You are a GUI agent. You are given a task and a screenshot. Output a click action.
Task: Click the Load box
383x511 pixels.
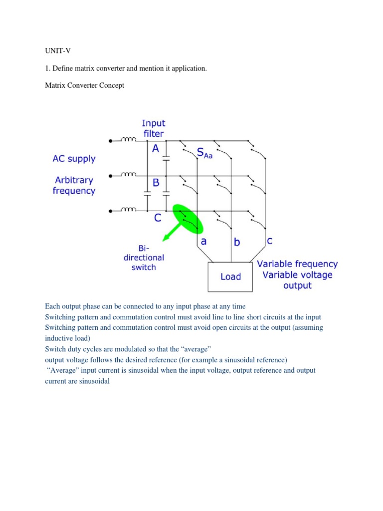coord(230,277)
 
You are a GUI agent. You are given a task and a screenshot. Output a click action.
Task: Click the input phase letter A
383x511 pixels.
coord(156,148)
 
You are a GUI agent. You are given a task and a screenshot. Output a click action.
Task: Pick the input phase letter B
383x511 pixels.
coord(156,183)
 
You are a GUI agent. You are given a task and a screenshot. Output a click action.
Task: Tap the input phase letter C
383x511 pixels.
coord(157,218)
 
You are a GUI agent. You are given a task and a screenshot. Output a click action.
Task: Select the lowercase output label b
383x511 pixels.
coord(237,243)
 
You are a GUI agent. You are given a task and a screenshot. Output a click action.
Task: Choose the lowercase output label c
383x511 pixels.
coord(269,241)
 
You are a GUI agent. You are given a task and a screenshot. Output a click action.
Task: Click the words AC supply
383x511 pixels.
coord(74,159)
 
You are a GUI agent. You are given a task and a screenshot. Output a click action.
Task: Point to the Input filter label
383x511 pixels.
coord(153,128)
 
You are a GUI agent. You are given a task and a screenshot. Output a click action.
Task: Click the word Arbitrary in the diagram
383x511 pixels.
coord(74,180)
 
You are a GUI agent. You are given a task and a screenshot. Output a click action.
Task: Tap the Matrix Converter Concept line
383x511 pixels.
coord(84,85)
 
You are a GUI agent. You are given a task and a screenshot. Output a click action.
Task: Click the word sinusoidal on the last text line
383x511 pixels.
coord(93,381)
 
